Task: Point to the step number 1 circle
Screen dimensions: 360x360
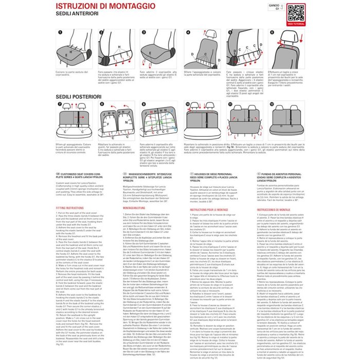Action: click(x=60, y=31)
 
